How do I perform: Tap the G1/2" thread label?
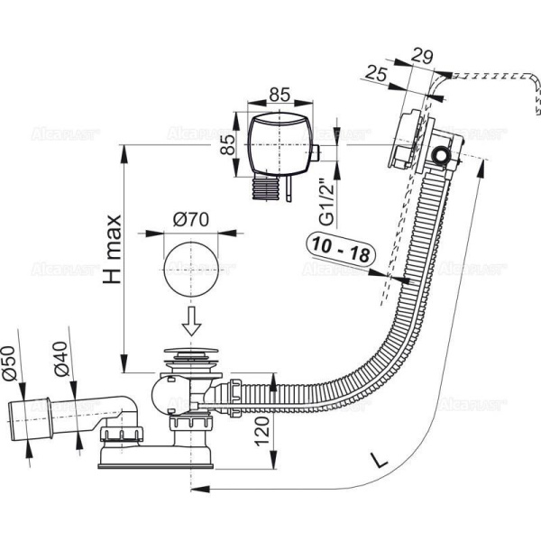[329, 203]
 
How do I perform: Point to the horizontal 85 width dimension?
[280, 93]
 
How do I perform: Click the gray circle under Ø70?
[190, 267]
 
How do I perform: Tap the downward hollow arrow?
[191, 319]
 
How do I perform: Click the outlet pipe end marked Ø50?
[26, 416]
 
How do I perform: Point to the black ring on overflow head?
[443, 157]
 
